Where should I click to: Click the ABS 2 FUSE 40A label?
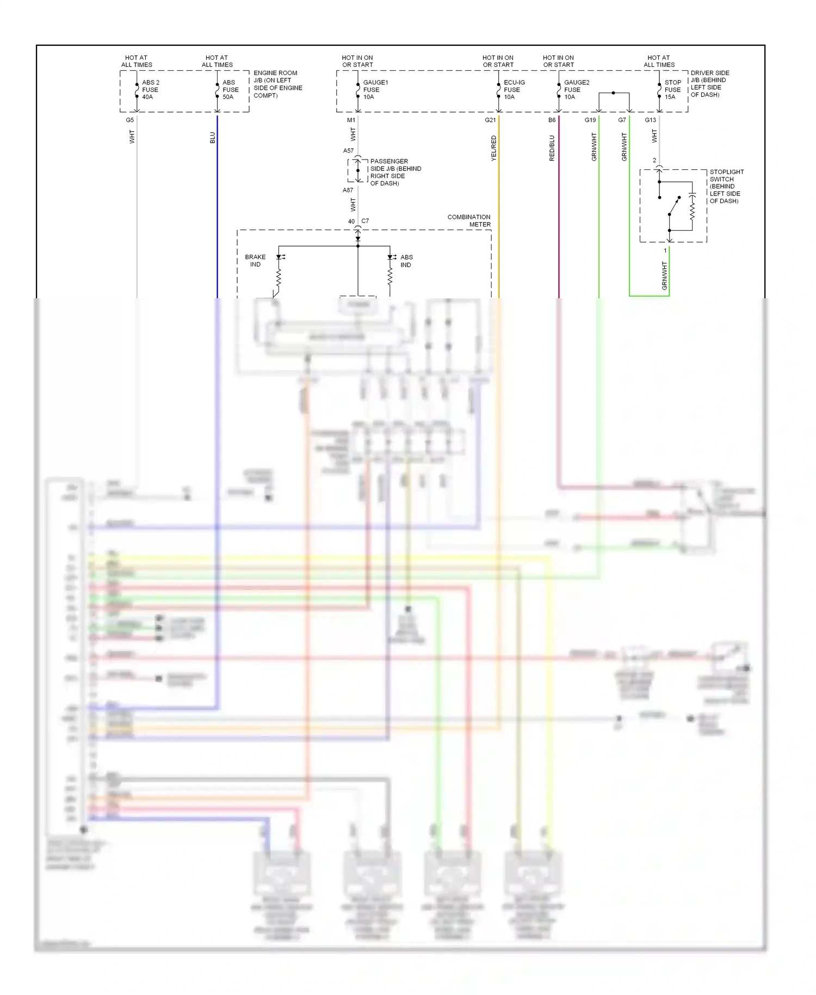[150, 90]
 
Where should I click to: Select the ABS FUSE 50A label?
[230, 90]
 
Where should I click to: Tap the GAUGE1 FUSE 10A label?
[375, 90]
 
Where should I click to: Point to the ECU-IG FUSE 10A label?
[514, 90]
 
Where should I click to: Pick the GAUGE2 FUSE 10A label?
[576, 90]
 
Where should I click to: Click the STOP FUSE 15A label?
[672, 90]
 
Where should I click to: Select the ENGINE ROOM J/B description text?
[277, 84]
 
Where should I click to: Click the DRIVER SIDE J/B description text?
[709, 83]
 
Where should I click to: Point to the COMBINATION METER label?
[469, 220]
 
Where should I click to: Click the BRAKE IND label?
[255, 261]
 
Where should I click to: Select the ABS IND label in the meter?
[406, 261]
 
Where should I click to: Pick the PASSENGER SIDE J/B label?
[395, 172]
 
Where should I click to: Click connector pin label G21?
[490, 120]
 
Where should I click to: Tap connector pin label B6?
[552, 120]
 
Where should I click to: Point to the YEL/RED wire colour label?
[493, 148]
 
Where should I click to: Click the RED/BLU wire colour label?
[552, 148]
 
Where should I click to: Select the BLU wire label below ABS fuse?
[212, 138]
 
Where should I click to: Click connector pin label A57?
[348, 151]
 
